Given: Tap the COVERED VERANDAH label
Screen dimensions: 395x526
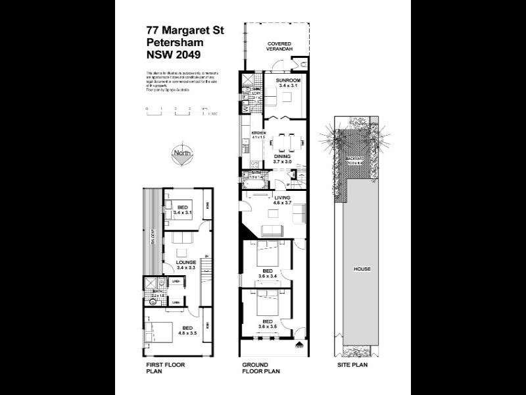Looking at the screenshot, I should [x=278, y=47].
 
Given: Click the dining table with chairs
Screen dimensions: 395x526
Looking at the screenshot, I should [x=287, y=142].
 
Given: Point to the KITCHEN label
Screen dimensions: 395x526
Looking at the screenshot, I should [x=258, y=136].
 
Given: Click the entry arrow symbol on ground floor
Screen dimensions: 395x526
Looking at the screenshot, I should [x=299, y=344].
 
